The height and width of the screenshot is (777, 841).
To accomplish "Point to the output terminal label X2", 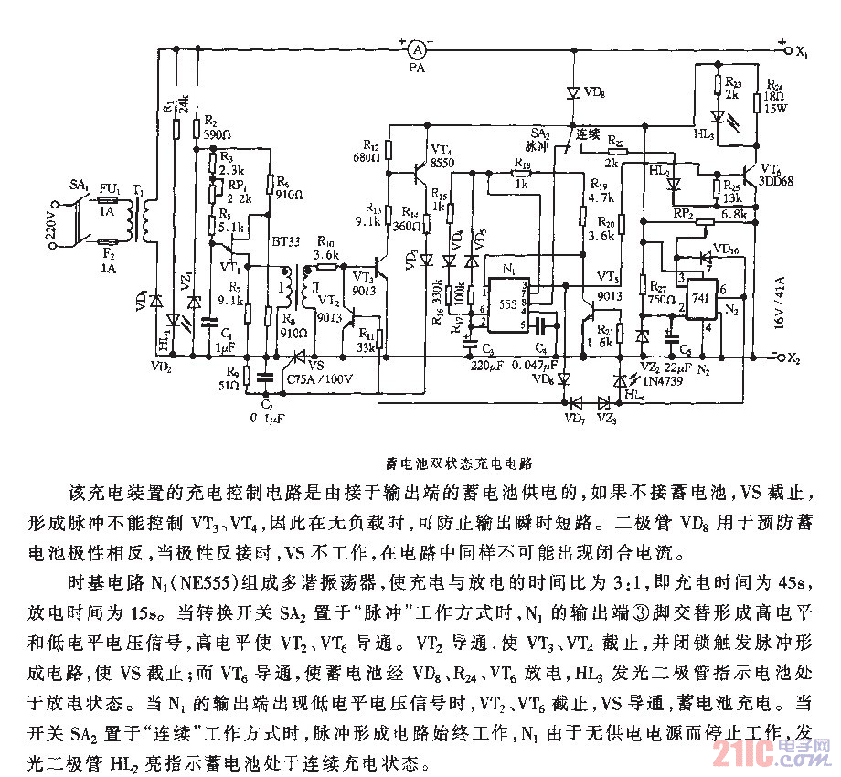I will (x=793, y=357).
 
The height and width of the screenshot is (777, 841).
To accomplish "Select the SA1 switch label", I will (x=80, y=186).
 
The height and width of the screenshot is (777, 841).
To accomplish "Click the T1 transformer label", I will (x=140, y=189).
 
